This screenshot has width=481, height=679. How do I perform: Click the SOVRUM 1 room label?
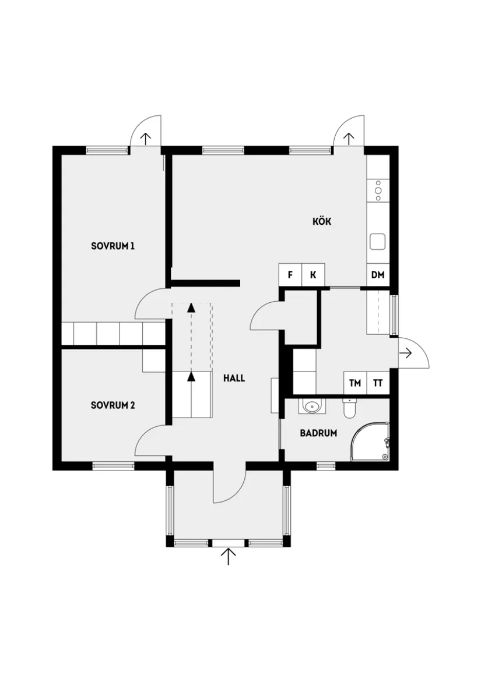pyautogui.click(x=113, y=246)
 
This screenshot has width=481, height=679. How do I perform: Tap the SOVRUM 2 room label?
pyautogui.click(x=113, y=405)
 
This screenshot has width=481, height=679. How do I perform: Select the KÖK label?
pyautogui.click(x=322, y=221)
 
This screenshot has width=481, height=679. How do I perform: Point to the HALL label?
pyautogui.click(x=234, y=378)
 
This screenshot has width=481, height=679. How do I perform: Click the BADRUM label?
pyautogui.click(x=318, y=433)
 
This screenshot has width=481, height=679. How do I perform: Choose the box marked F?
pyautogui.click(x=290, y=275)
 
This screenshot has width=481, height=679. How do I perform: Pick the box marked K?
pyautogui.click(x=313, y=275)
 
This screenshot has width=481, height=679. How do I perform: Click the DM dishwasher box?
pyautogui.click(x=378, y=275)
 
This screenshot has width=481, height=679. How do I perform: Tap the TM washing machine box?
pyautogui.click(x=354, y=383)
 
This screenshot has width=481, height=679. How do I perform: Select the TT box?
pyautogui.click(x=378, y=383)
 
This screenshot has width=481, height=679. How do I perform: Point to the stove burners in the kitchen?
pyautogui.click(x=378, y=190)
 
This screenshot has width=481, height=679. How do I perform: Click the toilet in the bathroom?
pyautogui.click(x=349, y=409)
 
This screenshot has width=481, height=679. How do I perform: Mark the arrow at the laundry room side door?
pyautogui.click(x=406, y=353)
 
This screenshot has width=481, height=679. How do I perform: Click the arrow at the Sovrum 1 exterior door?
pyautogui.click(x=145, y=138)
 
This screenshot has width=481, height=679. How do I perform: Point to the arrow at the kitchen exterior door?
pyautogui.click(x=349, y=138)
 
